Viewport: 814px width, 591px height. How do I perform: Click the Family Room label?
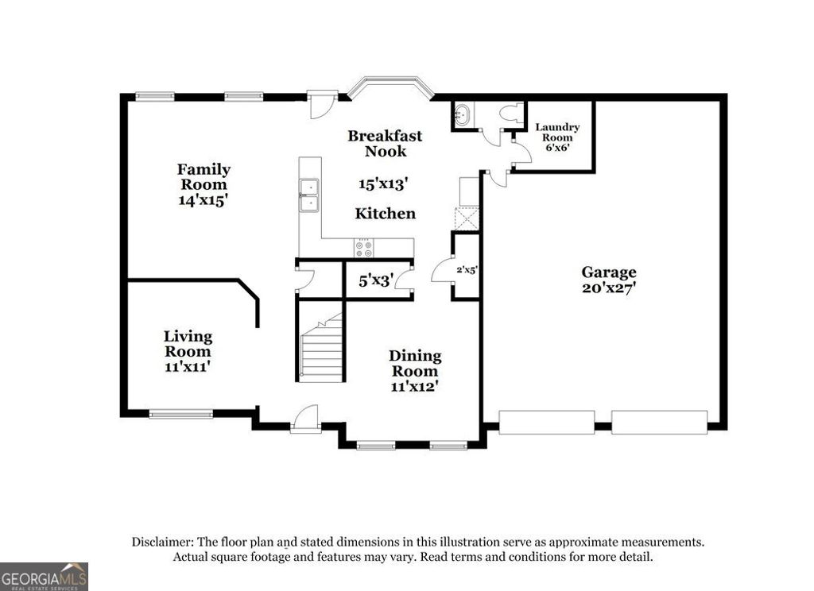pos(203,176)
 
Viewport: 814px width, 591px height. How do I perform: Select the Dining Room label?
pos(415,363)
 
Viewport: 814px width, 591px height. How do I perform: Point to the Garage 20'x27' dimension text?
pos(609,287)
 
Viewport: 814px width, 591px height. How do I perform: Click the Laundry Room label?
pos(556,132)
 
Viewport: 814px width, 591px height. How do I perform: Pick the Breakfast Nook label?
pos(385,143)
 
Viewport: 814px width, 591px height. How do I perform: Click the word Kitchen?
pos(385,214)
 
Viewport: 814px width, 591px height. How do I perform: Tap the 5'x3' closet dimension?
pos(376,280)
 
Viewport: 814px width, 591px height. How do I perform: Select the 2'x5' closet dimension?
pos(466,269)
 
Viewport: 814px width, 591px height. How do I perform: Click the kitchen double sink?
pos(308,196)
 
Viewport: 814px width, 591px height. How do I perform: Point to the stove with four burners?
pos(364,249)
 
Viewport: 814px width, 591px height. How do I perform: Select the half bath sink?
pos(461,115)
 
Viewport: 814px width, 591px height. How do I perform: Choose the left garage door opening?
pos(546,422)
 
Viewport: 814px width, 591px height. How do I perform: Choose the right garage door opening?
pos(659,422)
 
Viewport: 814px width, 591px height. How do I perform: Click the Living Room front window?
pos(180,413)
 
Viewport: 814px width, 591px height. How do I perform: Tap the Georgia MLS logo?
pos(44,577)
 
